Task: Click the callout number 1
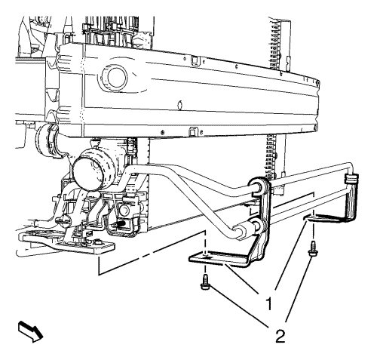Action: [269, 303]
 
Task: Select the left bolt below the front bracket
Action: [205, 282]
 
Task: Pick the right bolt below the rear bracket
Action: [312, 249]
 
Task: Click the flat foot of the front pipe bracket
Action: [216, 259]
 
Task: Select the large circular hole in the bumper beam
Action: [115, 77]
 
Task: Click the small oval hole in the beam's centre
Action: [179, 104]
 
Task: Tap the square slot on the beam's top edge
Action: [195, 60]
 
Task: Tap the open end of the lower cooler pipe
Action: [240, 232]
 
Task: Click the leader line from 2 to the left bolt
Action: [238, 306]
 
